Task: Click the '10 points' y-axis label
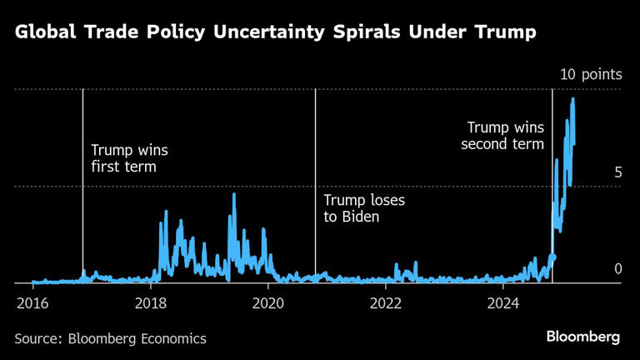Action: point(591,75)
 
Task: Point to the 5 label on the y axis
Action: point(618,172)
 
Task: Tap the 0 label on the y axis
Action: point(618,269)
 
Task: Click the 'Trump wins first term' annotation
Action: point(129,159)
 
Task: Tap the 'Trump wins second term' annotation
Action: point(505,136)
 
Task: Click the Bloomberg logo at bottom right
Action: point(583,337)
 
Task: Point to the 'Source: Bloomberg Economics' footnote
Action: point(110,338)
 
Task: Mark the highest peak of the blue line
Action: point(572,99)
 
